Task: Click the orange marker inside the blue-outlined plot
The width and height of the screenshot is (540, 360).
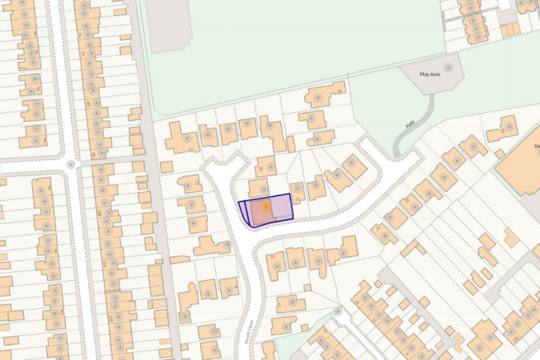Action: tap(265, 207)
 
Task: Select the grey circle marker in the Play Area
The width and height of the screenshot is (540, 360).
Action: tap(448, 66)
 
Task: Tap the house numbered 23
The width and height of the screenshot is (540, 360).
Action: tap(298, 192)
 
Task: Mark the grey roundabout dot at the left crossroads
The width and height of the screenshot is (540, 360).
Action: tap(72, 164)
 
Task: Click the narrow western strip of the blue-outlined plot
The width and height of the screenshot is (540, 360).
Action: tap(244, 213)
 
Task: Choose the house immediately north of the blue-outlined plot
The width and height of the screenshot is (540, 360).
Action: tap(259, 187)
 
